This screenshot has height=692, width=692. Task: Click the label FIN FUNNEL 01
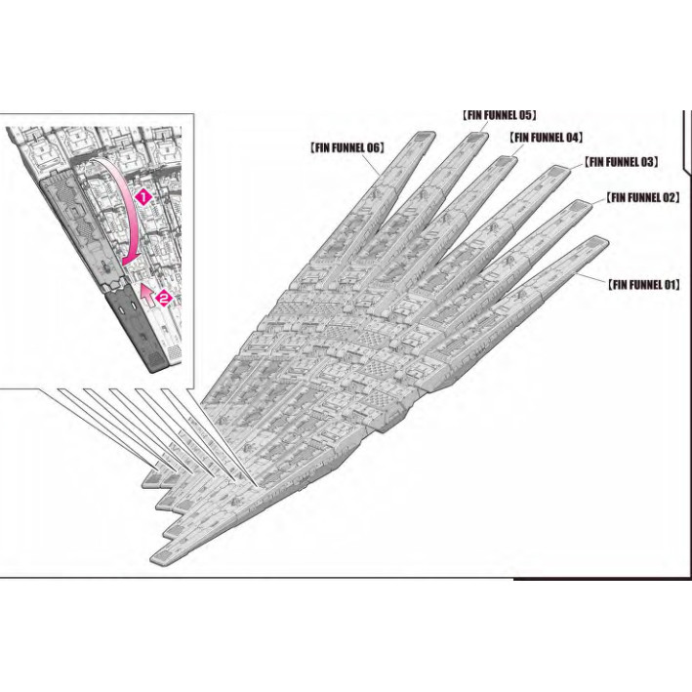pyautogui.click(x=643, y=285)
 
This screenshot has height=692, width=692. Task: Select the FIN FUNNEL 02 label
pyautogui.click(x=642, y=197)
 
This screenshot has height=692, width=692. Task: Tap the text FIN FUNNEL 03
pyautogui.click(x=621, y=161)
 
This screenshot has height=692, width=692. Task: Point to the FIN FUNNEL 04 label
pyautogui.click(x=546, y=138)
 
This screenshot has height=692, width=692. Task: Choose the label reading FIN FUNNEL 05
pyautogui.click(x=499, y=114)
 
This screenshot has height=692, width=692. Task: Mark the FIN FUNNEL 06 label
pyautogui.click(x=346, y=147)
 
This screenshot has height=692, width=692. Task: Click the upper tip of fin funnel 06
pyautogui.click(x=423, y=137)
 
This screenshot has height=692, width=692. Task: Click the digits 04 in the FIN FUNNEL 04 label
pyautogui.click(x=573, y=138)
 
